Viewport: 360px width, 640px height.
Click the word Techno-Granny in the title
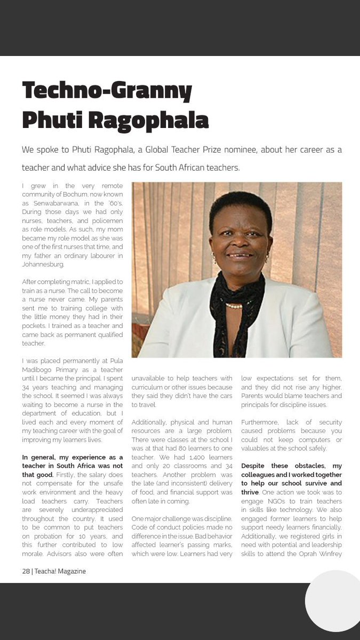tap(107, 92)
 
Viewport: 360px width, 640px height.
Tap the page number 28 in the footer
tap(26, 571)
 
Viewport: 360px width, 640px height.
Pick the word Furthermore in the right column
tap(261, 422)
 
